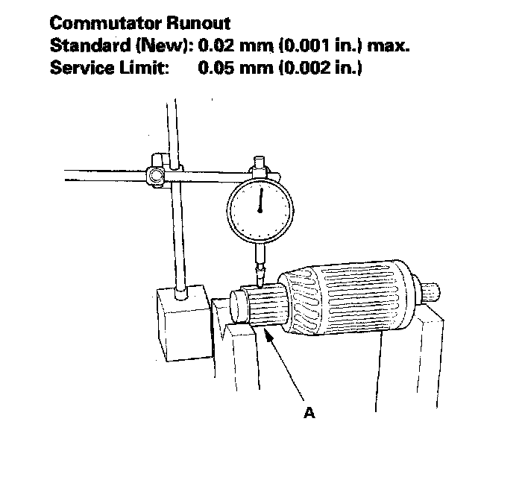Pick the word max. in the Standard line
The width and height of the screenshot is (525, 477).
390,45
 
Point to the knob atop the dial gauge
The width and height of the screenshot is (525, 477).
260,161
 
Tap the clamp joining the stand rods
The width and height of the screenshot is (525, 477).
160,174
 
